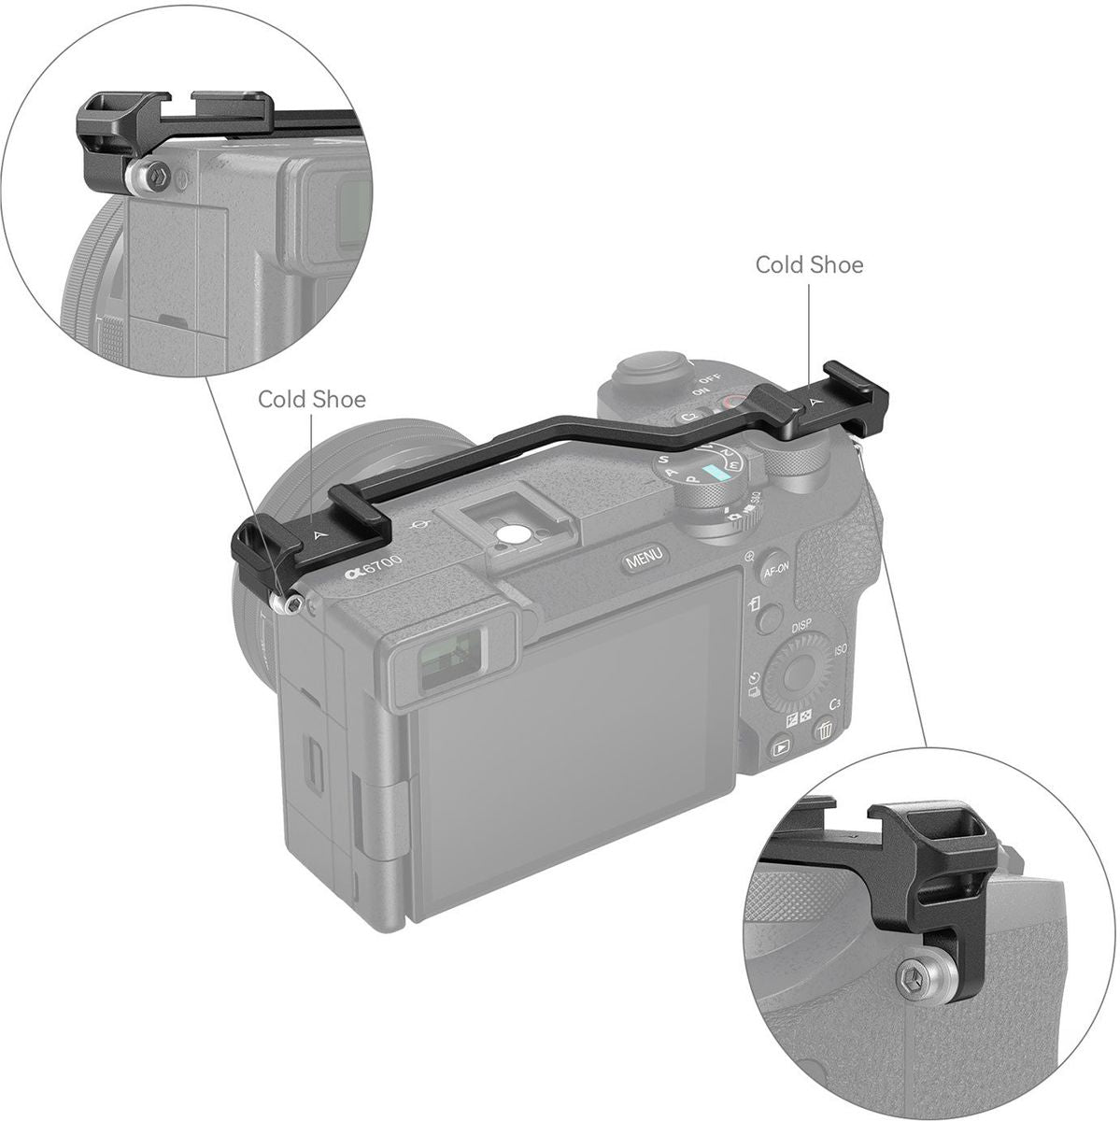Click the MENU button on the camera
645,559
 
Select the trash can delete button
824,729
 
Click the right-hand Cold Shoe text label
809,265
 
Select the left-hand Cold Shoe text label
312,400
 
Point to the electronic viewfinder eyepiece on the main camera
447,661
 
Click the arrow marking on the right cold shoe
814,402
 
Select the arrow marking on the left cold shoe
320,534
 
